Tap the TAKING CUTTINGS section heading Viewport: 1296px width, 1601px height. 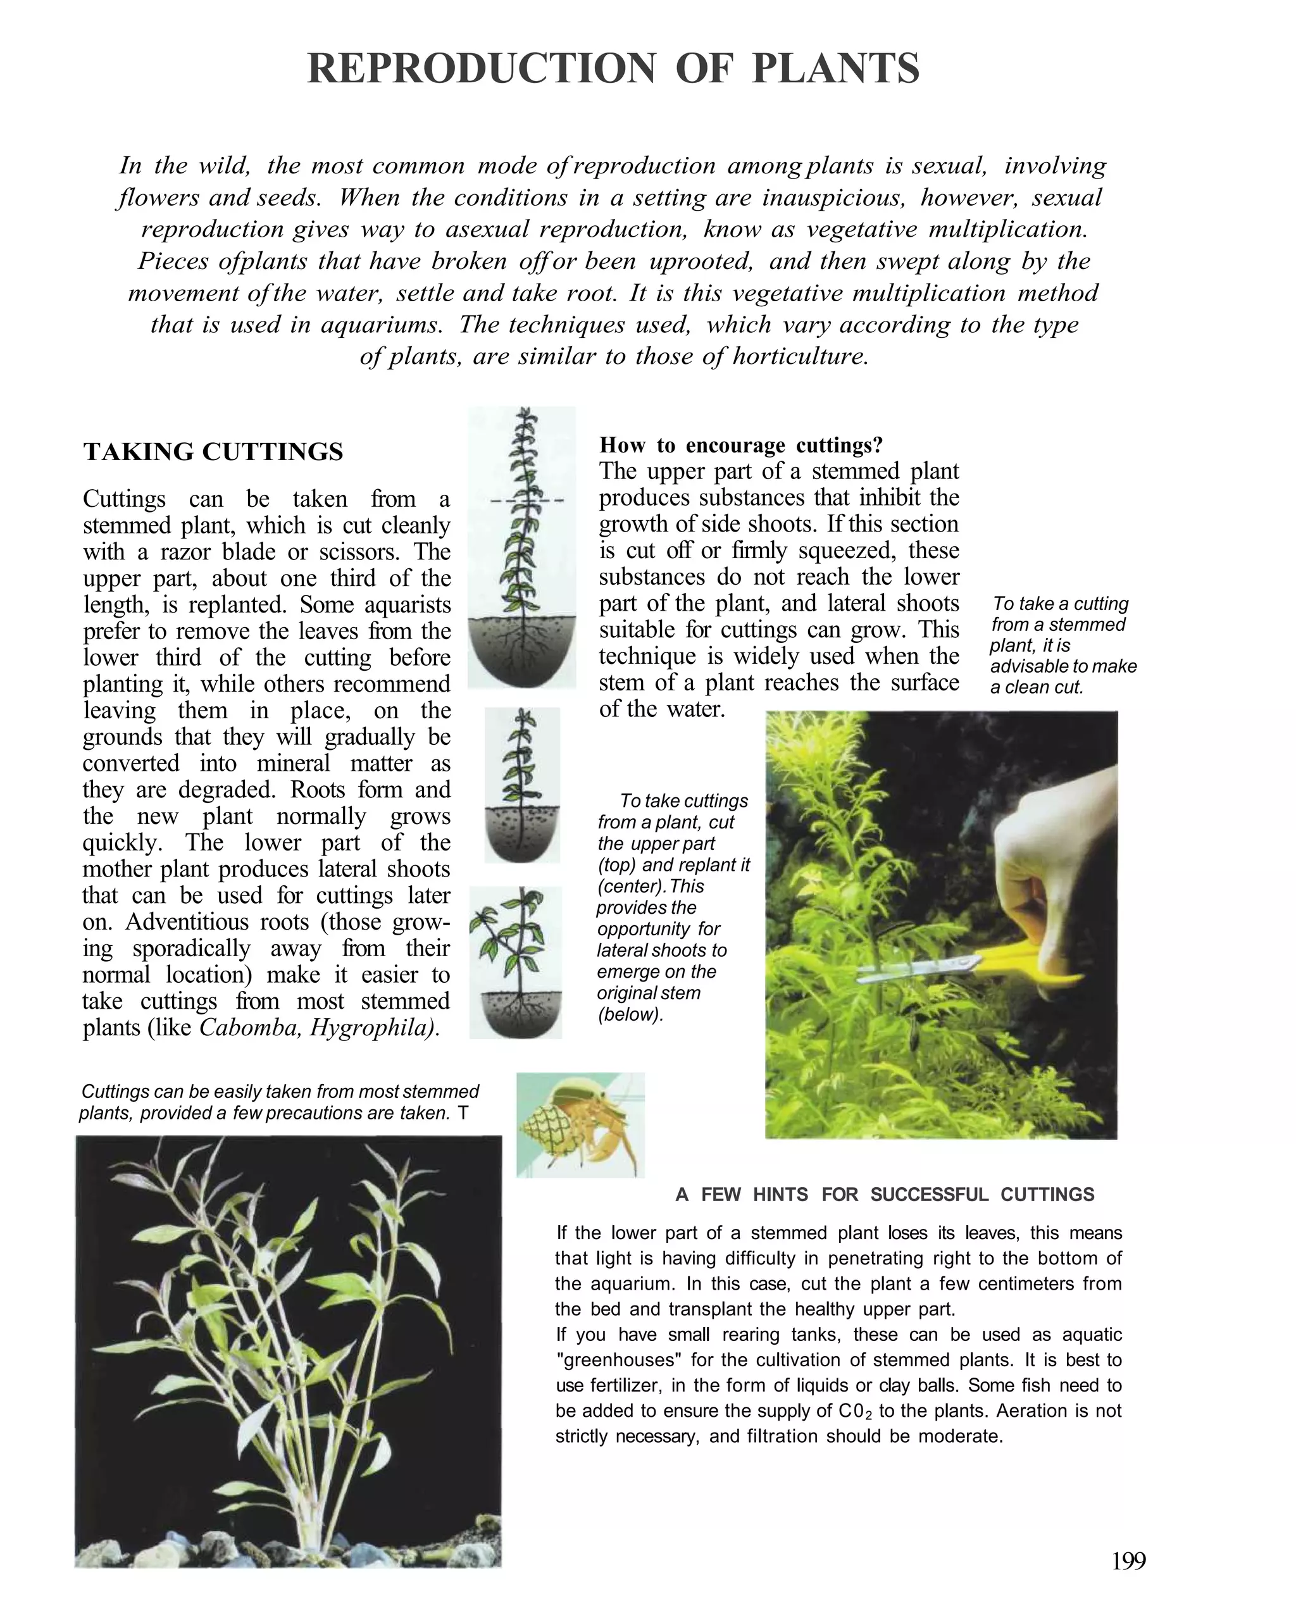click(213, 452)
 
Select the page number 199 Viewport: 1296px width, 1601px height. click(1128, 1561)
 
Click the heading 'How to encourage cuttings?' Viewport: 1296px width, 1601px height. click(740, 445)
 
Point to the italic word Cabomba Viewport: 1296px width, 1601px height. click(250, 1028)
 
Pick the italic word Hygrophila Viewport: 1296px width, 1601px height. click(373, 1028)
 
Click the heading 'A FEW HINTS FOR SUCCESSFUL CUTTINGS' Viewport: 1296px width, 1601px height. click(885, 1195)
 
